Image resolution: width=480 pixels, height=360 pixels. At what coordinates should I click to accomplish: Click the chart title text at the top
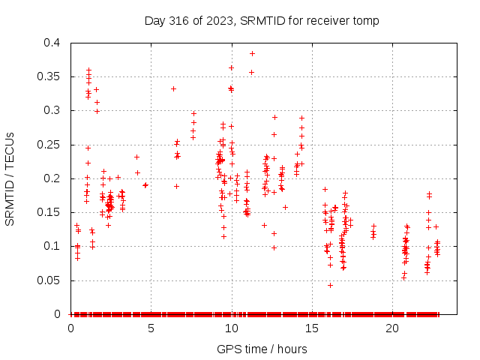coord(262,21)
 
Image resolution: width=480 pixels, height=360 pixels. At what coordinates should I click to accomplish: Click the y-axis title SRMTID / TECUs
coord(10,178)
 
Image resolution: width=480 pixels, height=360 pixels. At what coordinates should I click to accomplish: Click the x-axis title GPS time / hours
coord(261,349)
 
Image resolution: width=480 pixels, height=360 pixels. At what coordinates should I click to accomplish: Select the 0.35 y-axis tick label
coord(51,76)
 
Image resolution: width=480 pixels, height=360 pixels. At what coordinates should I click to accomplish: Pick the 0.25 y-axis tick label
coord(51,145)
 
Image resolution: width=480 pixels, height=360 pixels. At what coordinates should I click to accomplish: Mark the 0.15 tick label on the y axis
coord(51,212)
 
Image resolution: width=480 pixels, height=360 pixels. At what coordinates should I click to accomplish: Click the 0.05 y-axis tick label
coord(51,280)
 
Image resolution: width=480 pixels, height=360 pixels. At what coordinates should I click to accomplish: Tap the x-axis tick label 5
coord(151,328)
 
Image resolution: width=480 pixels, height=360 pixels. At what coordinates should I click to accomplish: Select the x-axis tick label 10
coord(231,328)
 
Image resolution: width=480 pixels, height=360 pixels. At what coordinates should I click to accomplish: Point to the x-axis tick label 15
coord(312,328)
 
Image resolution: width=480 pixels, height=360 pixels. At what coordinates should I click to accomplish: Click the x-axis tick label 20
coord(392,328)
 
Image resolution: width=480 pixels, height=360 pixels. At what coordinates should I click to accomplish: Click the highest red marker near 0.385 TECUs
coord(252,53)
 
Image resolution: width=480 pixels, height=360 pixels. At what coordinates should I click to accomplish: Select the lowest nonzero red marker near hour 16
coord(330,285)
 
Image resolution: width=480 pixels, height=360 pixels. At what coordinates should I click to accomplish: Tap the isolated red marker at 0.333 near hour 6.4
coord(173,88)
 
